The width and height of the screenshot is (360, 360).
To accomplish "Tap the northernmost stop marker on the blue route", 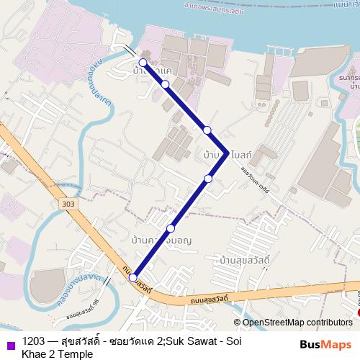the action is point(143,63).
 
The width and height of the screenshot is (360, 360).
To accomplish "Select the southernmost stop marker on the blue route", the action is point(133,276).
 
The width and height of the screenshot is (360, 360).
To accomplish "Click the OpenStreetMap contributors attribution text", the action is point(293,322).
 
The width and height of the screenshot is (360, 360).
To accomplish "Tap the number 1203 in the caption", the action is point(34,341).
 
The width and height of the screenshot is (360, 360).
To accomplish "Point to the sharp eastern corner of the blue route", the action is point(228,153).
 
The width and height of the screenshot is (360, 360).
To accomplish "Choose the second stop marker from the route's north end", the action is point(166,85).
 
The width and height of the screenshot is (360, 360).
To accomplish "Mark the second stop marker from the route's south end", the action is point(171,228).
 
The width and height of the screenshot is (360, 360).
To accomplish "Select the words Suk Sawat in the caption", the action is point(188,341).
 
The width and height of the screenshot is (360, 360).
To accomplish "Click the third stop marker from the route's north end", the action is point(207,130).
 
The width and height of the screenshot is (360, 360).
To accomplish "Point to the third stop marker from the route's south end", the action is point(208,178).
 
